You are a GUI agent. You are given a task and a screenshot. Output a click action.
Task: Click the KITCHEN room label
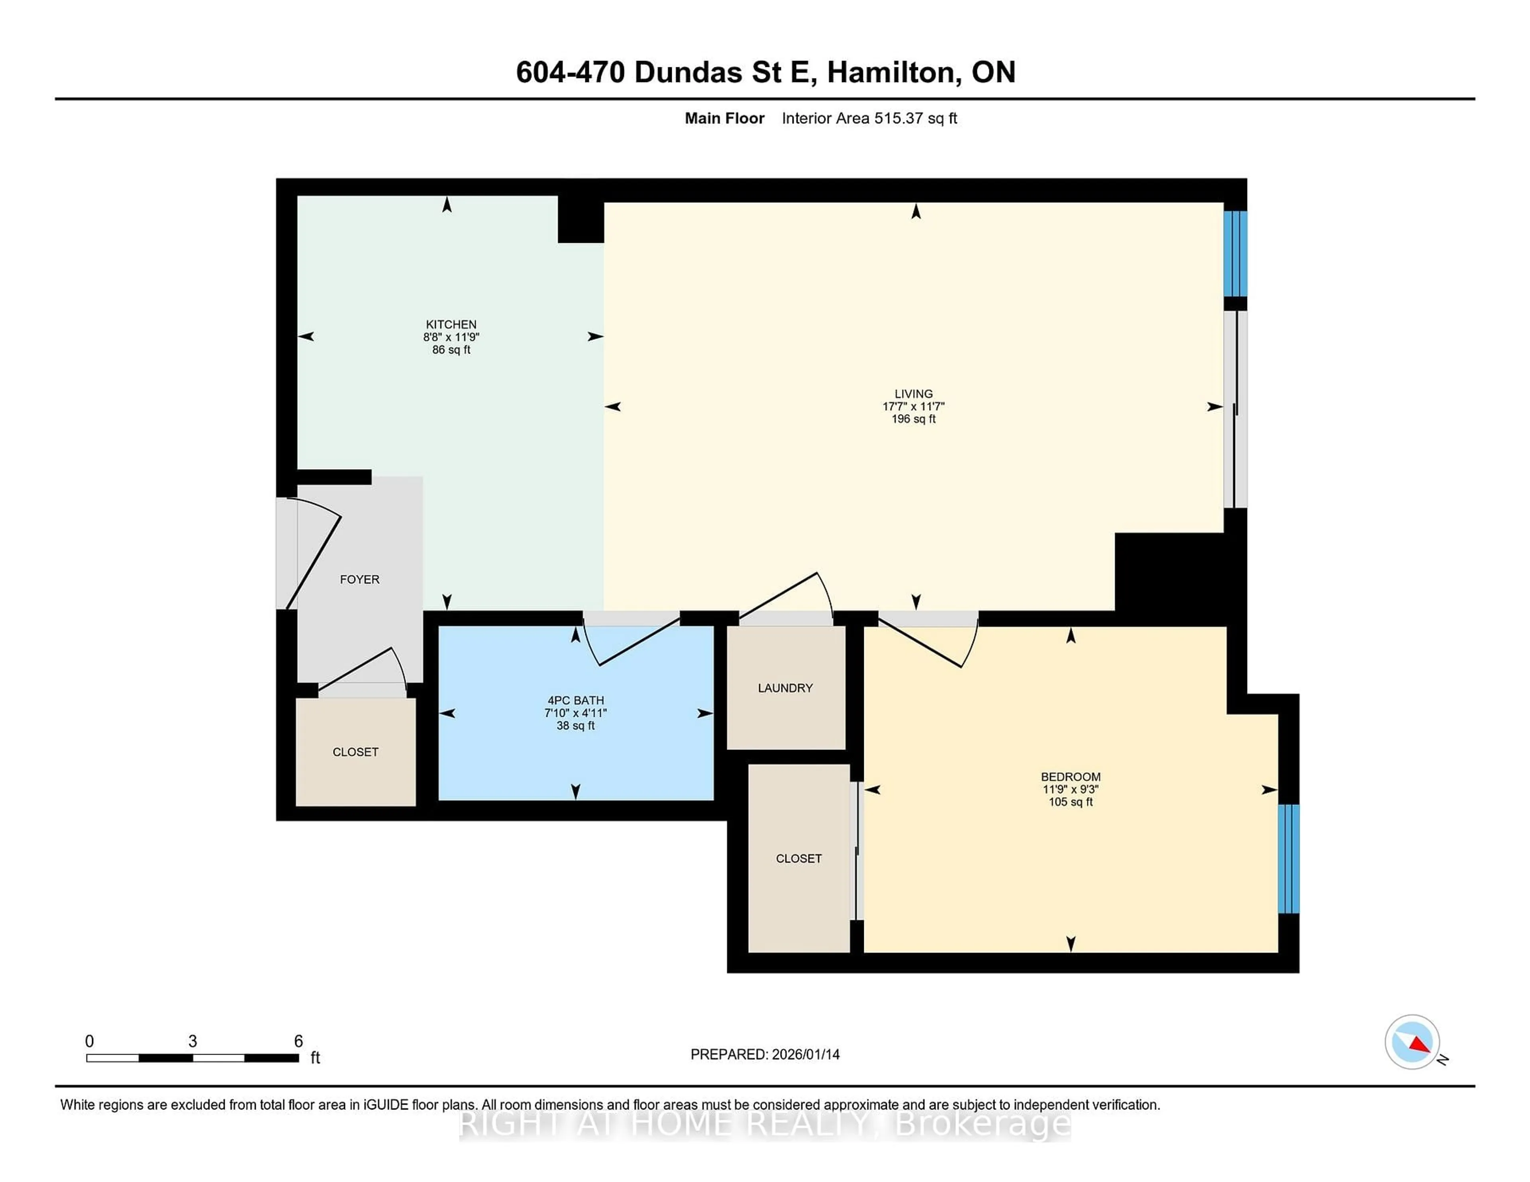451,324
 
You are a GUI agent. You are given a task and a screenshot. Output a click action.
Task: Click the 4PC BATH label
575,700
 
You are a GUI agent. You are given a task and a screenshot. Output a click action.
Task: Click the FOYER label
359,579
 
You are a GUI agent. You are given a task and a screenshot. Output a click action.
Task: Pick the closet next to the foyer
355,751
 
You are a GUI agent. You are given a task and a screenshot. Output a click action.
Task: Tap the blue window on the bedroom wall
1288,859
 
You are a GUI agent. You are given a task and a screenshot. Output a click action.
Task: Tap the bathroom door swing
630,641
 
